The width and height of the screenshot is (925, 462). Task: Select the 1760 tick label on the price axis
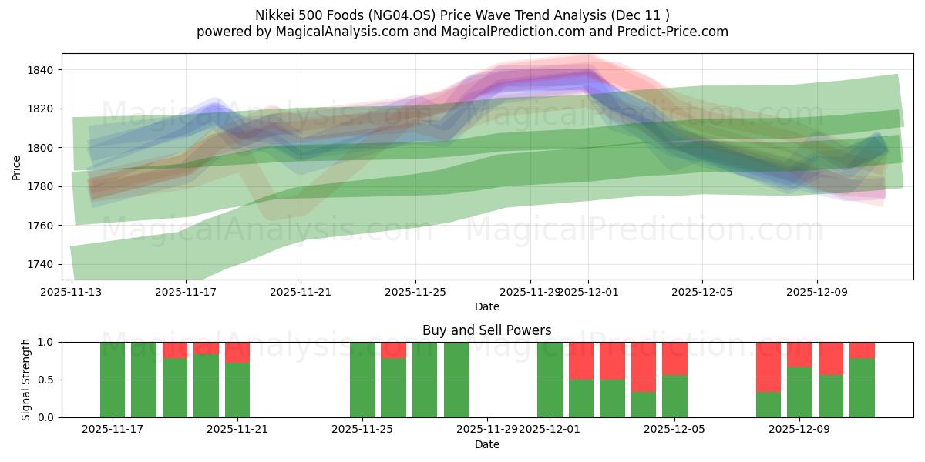[40, 226]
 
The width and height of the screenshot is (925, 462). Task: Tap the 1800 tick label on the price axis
[40, 148]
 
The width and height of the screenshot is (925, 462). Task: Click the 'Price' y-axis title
[17, 166]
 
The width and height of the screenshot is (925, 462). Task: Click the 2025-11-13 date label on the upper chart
[72, 293]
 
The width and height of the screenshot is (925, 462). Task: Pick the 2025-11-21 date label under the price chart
[301, 293]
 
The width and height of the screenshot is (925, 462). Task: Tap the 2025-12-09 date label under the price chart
[817, 293]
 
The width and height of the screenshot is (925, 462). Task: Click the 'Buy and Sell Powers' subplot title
[486, 330]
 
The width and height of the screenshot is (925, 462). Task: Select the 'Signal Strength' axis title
[26, 380]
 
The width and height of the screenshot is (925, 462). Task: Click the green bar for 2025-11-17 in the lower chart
[113, 380]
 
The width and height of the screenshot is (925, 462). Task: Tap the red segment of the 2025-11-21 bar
[237, 352]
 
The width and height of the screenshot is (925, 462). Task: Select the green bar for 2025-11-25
[362, 380]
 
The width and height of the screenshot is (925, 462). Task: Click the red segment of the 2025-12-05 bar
[674, 358]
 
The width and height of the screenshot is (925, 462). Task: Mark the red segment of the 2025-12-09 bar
[799, 353]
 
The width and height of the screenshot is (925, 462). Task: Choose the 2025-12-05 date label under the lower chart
[674, 430]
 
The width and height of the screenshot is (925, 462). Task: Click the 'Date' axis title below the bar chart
[486, 444]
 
